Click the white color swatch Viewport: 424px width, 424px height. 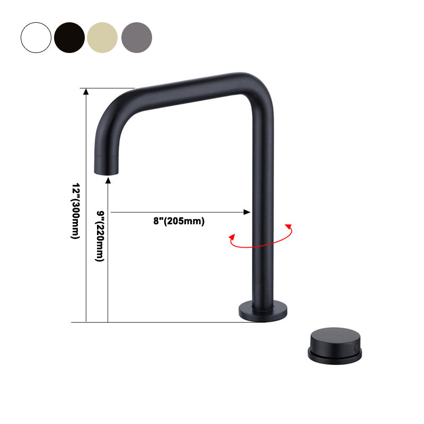coord(36,37)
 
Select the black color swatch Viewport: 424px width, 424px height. coord(69,37)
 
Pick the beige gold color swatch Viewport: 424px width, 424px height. coord(103,37)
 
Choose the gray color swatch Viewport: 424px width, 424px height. coord(137,37)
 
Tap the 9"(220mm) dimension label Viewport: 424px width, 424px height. coord(99,236)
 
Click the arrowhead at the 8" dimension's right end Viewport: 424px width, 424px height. coord(247,212)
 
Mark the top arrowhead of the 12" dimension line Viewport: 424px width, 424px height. coord(86,91)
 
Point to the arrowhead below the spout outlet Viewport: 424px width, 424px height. coord(108,182)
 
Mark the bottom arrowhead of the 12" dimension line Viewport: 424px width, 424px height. coord(86,319)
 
